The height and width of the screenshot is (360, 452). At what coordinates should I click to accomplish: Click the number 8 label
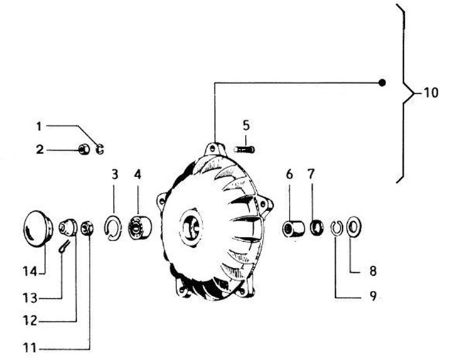372,272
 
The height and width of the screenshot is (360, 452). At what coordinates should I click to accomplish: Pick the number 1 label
39,126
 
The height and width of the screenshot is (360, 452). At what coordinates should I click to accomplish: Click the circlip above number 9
336,226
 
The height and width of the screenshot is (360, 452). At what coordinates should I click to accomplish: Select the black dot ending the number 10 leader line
382,82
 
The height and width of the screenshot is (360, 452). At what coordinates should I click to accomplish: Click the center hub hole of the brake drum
191,227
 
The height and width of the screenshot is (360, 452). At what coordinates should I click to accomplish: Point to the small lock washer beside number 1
99,149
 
